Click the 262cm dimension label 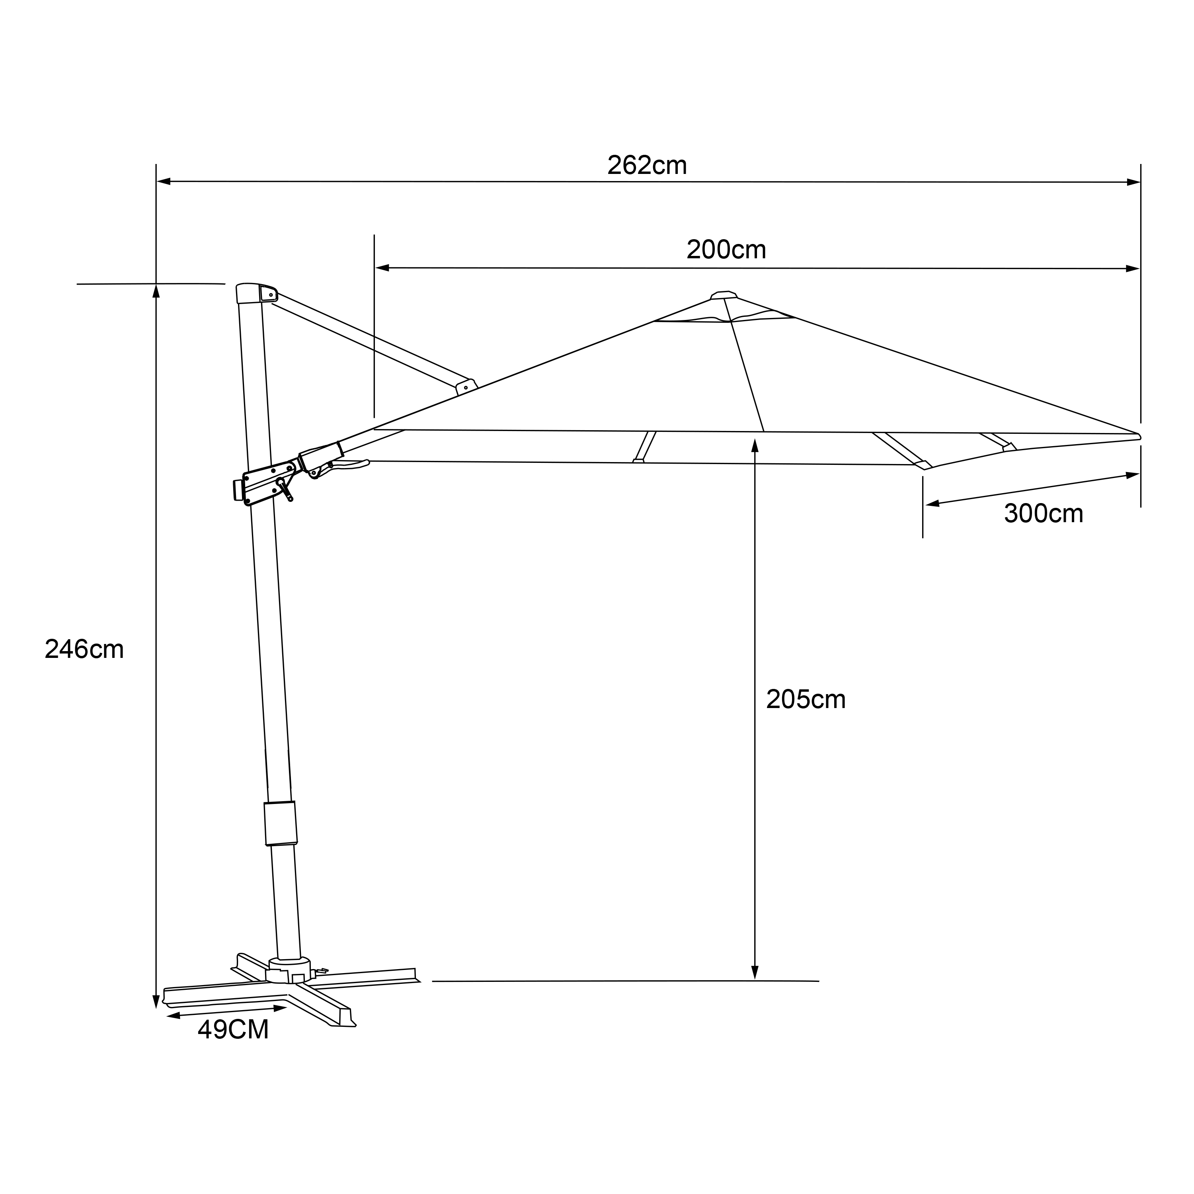coord(647,165)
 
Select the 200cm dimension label coord(726,250)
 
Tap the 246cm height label coord(84,650)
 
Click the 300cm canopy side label coord(1043,513)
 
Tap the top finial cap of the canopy coord(724,295)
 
